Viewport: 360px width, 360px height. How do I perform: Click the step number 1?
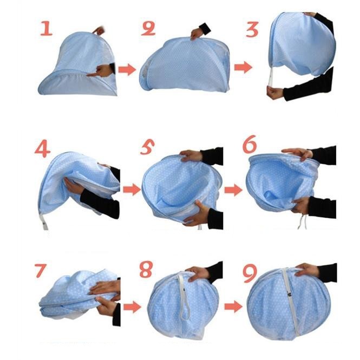[47, 29]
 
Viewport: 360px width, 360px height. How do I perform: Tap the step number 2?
[148, 29]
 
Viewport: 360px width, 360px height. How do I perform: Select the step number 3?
[252, 29]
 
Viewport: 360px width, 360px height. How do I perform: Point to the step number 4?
[42, 149]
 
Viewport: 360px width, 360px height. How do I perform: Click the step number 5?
[147, 147]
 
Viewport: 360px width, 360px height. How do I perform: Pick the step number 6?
[250, 144]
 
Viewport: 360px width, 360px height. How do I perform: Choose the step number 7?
[41, 271]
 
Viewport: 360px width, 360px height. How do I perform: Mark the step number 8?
[146, 269]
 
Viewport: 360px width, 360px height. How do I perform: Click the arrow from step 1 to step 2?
[127, 70]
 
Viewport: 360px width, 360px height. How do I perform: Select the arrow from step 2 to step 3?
[243, 67]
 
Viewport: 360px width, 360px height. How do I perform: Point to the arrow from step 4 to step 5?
[132, 189]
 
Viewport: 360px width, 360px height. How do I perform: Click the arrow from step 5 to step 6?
[233, 190]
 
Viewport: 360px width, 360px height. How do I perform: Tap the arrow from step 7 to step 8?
[132, 307]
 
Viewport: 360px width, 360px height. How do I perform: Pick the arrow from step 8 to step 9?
[233, 306]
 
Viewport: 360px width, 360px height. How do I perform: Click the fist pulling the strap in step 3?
[275, 92]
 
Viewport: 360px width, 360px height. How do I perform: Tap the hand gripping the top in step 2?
[197, 34]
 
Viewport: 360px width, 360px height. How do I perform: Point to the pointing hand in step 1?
[99, 71]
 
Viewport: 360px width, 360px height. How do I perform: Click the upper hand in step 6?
[297, 153]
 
